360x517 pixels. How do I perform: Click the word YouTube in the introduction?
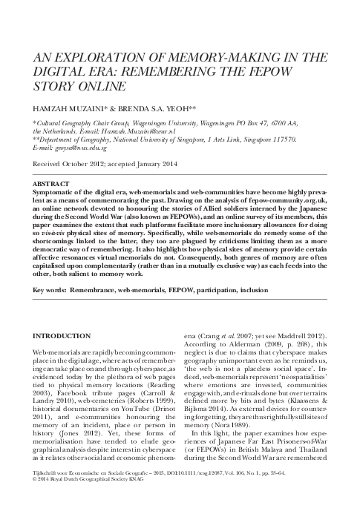(139, 419)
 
